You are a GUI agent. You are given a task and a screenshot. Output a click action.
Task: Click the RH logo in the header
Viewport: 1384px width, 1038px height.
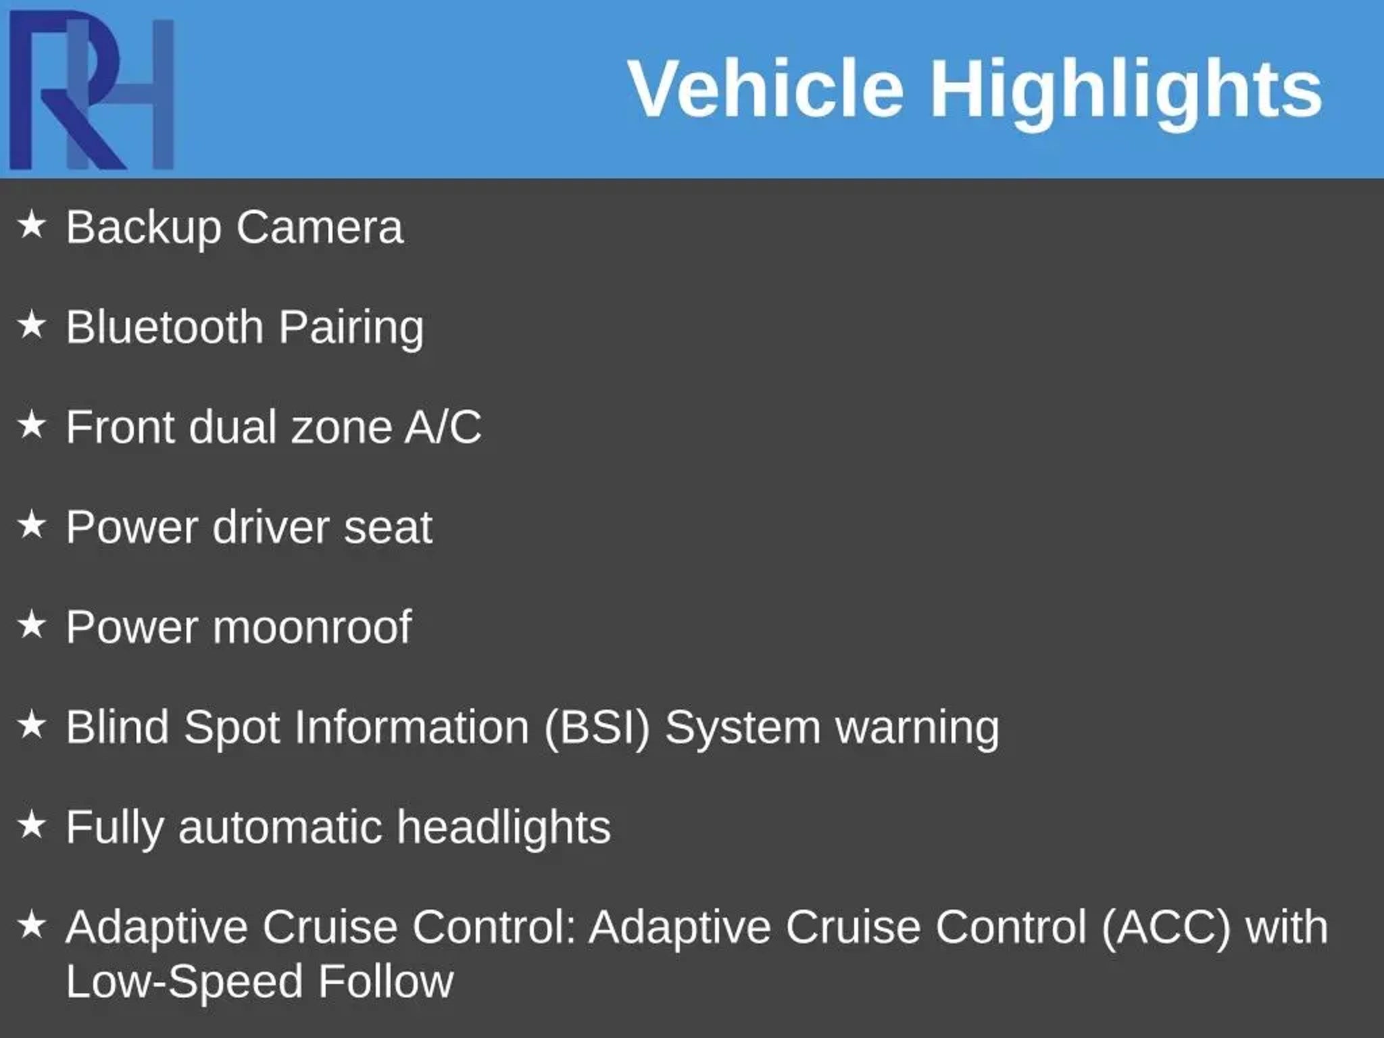[92, 90]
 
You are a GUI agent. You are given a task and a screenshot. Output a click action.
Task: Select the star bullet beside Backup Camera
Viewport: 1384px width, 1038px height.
[32, 224]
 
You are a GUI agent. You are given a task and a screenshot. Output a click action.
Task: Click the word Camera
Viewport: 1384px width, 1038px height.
[320, 227]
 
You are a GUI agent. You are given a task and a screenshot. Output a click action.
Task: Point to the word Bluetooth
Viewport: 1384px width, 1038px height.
[164, 327]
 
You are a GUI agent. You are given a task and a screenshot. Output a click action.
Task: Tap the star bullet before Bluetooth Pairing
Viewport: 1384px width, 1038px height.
[32, 325]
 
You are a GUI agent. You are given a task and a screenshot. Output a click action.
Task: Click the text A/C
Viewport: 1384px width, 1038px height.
[443, 427]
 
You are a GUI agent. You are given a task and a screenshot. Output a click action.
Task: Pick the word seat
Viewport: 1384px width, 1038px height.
[388, 528]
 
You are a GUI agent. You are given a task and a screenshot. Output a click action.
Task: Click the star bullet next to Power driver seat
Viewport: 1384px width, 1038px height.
[32, 525]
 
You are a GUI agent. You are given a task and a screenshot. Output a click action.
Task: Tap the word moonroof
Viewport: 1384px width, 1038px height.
[312, 628]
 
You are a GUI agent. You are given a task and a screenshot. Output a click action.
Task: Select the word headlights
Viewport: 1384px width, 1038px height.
[503, 827]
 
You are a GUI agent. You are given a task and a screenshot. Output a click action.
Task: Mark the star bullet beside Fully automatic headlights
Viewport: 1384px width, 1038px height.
[32, 825]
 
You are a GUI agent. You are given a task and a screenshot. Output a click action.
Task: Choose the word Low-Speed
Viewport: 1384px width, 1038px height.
[184, 983]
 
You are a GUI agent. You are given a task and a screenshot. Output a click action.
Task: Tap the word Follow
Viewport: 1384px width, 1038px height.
[386, 981]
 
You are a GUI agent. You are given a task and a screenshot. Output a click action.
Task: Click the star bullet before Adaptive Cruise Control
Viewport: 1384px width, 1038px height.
[32, 924]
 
